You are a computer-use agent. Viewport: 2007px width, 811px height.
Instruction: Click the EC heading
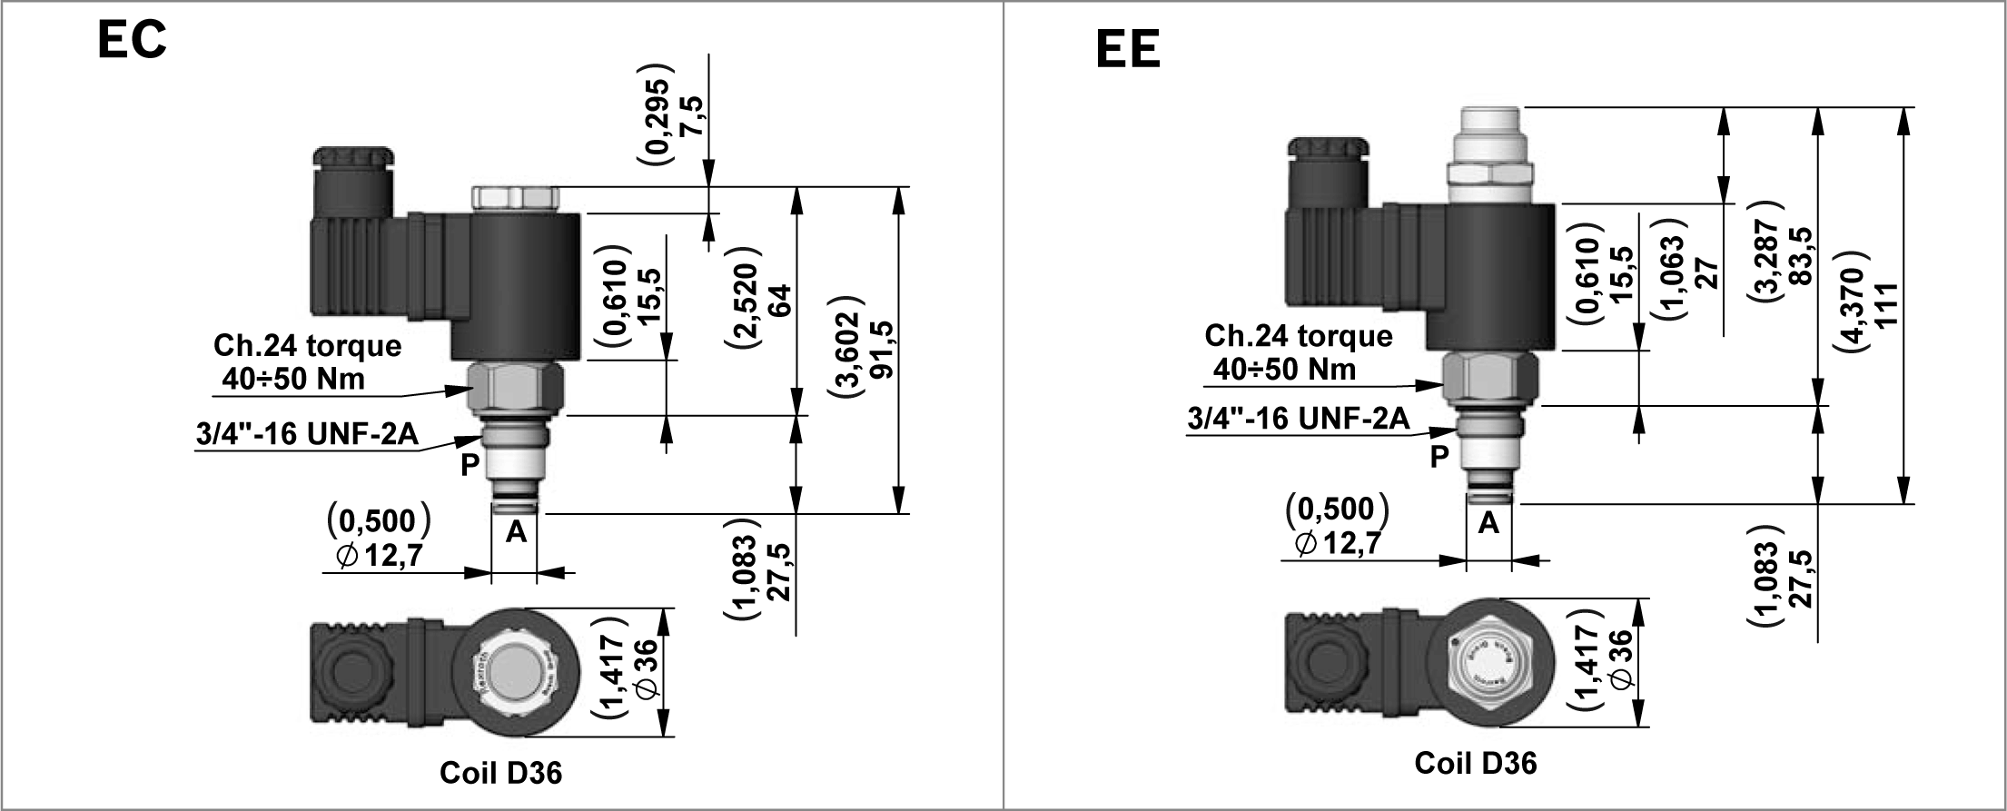tap(132, 40)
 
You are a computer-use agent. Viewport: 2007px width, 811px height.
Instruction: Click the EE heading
tap(1128, 49)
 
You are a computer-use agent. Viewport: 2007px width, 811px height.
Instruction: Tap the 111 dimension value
tap(1886, 305)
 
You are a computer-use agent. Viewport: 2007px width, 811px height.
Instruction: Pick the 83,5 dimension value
tap(1799, 256)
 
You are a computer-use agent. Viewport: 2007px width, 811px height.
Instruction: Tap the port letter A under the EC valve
tap(516, 532)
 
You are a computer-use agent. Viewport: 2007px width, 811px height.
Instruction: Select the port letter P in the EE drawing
tap(1439, 456)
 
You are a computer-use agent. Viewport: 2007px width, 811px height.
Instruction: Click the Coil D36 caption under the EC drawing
tap(500, 772)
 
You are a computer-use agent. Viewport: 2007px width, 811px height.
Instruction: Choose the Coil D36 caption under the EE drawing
tap(1475, 762)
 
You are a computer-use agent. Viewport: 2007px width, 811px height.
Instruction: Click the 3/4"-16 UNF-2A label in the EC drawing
tap(307, 434)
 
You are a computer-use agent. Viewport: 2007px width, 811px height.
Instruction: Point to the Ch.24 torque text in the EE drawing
tap(1298, 336)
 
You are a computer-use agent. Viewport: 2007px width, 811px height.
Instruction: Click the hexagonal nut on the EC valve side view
tap(515, 387)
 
